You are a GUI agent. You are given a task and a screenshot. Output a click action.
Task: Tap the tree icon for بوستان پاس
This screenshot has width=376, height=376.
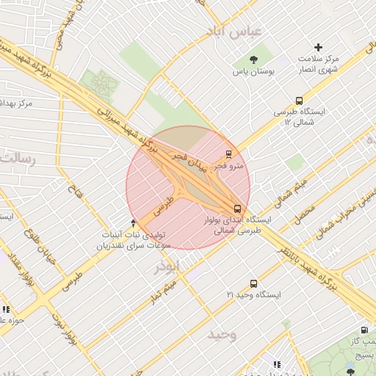pyautogui.click(x=254, y=59)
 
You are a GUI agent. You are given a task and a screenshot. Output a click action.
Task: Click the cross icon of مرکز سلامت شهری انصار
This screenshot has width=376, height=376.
pyautogui.click(x=318, y=47)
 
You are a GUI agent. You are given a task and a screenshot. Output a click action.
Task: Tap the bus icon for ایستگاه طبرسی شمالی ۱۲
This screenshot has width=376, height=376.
pyautogui.click(x=299, y=101)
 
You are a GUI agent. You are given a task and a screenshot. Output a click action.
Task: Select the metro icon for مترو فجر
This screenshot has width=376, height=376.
pyautogui.click(x=229, y=154)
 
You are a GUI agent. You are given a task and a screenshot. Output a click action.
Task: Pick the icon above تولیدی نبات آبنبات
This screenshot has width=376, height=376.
pyautogui.click(x=133, y=222)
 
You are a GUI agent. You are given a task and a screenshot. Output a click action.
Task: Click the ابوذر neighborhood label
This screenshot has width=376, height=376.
pyautogui.click(x=165, y=267)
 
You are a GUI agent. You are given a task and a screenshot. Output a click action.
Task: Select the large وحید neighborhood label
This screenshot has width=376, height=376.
pyautogui.click(x=221, y=335)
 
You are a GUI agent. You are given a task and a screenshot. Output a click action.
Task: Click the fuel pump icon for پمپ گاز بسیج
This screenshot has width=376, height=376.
pyautogui.click(x=365, y=330)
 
